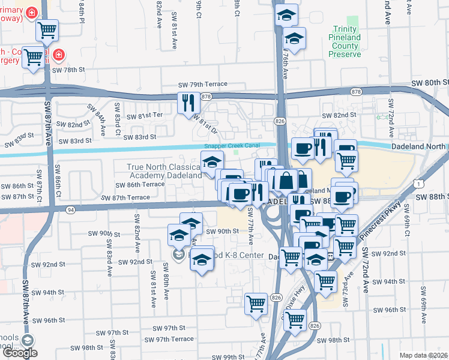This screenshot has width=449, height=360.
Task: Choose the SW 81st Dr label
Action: (x=205, y=125)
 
